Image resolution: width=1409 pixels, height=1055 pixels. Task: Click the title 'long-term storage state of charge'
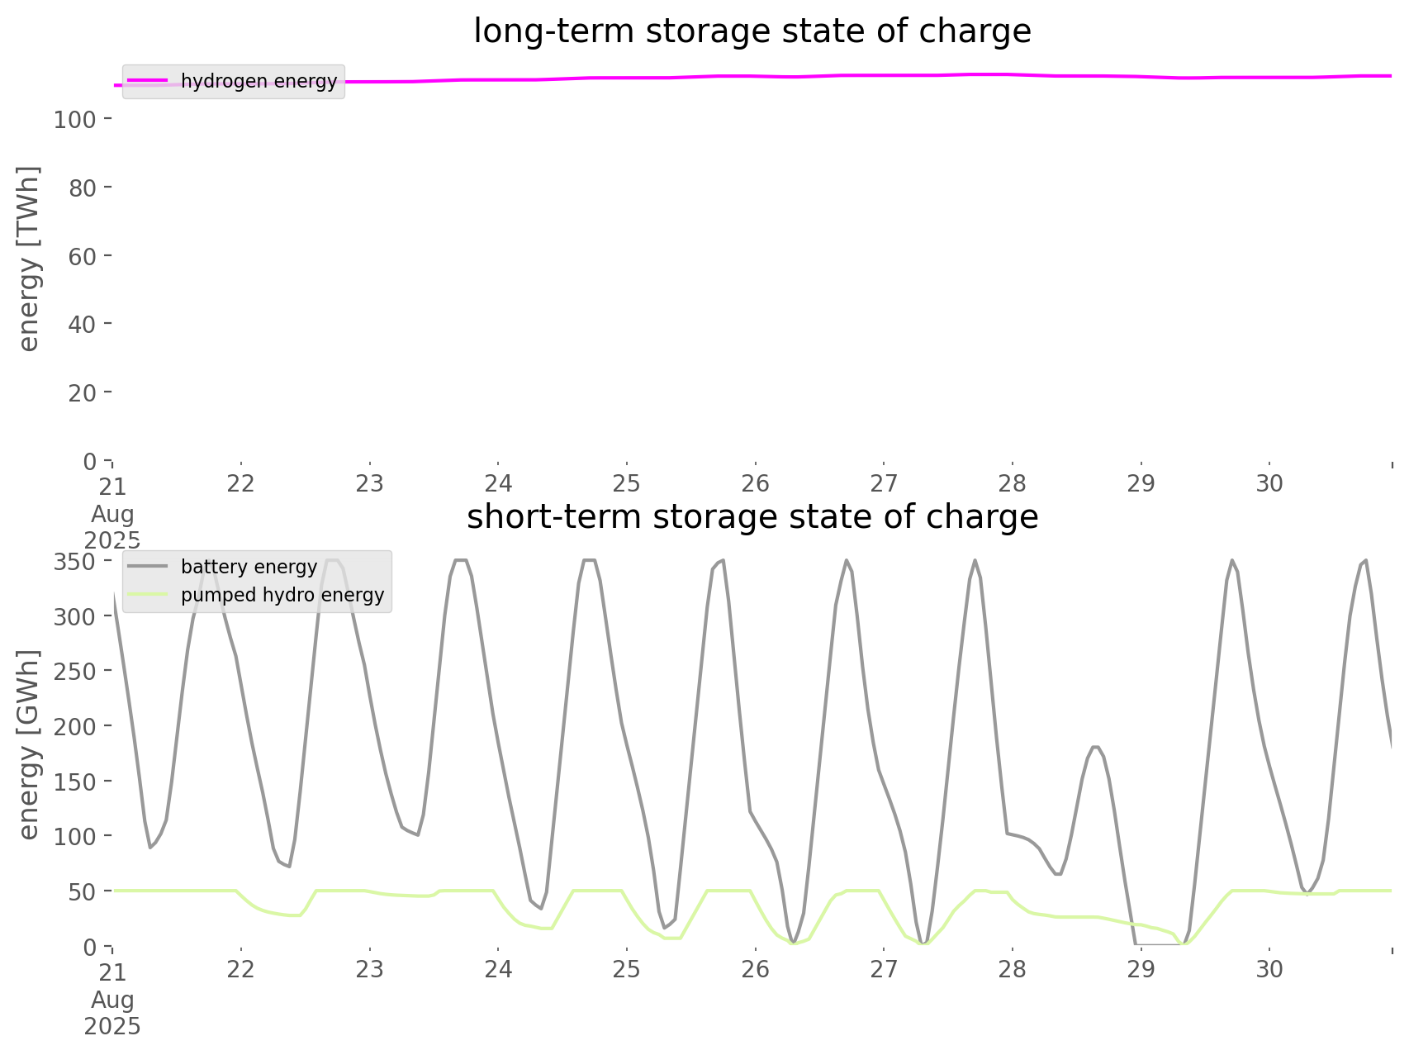click(752, 31)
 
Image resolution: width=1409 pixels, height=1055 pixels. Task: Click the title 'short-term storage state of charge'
click(752, 517)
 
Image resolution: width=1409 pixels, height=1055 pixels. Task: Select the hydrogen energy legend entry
click(259, 81)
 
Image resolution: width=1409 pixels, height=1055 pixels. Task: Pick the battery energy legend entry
click(249, 567)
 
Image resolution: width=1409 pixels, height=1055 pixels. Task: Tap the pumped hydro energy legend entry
click(282, 595)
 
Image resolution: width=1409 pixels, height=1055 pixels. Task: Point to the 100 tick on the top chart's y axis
click(75, 120)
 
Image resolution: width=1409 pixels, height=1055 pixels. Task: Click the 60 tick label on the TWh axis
click(82, 256)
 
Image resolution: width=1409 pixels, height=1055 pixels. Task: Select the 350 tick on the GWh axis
click(75, 562)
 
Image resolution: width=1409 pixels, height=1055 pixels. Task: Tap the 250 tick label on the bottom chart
click(75, 672)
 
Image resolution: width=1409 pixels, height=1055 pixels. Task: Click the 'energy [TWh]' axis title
click(29, 259)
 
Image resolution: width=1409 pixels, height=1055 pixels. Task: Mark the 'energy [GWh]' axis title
click(29, 744)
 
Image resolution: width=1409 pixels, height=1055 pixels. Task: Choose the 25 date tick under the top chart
click(627, 483)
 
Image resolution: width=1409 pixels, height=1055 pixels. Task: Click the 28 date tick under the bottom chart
click(1013, 969)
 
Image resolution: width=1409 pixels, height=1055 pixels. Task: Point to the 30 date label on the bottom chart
click(1269, 969)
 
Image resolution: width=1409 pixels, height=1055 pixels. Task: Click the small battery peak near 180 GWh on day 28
click(1094, 747)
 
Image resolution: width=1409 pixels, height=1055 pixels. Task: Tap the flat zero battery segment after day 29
click(1156, 943)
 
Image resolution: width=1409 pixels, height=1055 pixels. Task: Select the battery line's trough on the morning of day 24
click(540, 908)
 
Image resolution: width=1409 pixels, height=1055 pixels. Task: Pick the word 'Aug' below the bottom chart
click(112, 1000)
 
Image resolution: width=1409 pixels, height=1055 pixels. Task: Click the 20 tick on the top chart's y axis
click(82, 392)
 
